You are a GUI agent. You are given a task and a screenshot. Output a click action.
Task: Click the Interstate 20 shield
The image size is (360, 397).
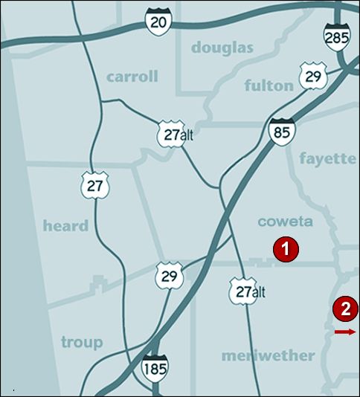[158, 22]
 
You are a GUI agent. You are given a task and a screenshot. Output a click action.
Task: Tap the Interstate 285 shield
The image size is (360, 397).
[337, 34]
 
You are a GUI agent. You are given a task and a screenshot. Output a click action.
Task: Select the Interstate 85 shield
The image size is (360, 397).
[282, 131]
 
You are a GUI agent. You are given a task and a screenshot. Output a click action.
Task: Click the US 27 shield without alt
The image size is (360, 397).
[94, 185]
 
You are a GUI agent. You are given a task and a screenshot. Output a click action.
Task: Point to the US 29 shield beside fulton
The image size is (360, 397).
[312, 75]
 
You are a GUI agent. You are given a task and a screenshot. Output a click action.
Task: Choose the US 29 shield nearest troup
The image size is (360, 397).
[167, 274]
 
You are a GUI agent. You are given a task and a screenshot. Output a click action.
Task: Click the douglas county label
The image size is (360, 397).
[222, 48]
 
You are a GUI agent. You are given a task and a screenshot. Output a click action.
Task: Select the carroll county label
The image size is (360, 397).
[132, 77]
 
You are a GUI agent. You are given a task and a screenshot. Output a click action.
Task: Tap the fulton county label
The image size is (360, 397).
[269, 85]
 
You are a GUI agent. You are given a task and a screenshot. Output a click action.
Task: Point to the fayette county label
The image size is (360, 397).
[327, 158]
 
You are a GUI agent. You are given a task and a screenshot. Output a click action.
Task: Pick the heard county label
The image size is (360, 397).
[65, 225]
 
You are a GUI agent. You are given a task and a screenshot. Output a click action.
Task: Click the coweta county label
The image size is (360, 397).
[285, 222]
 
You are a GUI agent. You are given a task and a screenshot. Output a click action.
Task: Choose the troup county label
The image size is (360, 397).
[82, 342]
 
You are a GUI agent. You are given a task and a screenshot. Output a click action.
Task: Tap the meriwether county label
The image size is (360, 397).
[268, 355]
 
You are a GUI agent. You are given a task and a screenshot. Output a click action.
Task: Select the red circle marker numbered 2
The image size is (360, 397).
[345, 308]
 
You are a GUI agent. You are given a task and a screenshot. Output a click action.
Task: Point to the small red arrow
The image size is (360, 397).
[345, 332]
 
